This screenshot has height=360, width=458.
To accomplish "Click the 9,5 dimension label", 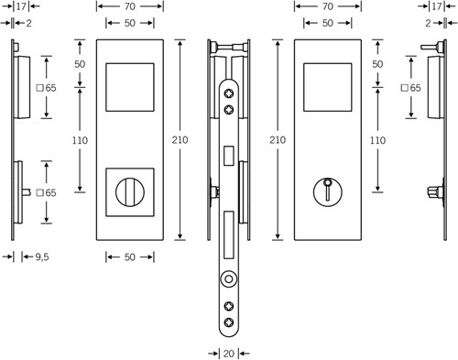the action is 42,257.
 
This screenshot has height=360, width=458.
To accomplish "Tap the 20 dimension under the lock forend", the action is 229,354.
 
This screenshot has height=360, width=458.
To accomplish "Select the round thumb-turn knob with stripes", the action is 130,192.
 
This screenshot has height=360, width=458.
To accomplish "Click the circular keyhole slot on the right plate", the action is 328,191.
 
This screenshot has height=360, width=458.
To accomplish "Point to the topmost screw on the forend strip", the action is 229,93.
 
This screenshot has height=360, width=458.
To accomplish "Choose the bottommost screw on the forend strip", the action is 229,322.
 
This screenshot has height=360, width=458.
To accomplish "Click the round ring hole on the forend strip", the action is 229,279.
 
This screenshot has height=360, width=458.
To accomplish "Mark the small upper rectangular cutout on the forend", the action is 229,156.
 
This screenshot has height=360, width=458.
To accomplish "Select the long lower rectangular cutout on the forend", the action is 229,235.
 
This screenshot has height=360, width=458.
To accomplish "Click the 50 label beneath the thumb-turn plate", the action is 130,257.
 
